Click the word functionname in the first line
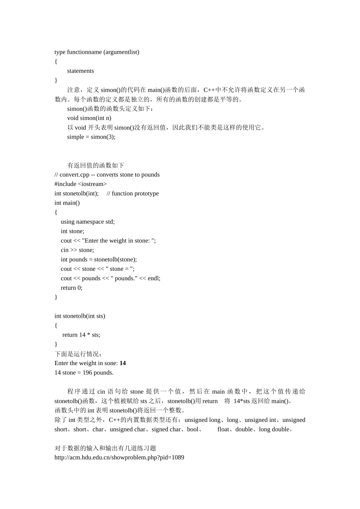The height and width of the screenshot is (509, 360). [x=84, y=52]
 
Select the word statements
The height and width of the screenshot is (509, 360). [x=80, y=71]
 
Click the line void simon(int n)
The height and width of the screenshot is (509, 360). [x=89, y=118]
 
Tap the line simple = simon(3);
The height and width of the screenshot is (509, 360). [x=91, y=137]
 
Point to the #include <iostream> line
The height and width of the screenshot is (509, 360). [x=80, y=184]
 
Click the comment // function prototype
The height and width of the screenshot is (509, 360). [x=133, y=194]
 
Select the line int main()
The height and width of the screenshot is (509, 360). [x=67, y=203]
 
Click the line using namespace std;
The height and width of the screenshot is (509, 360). [x=88, y=222]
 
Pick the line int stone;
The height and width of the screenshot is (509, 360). [x=72, y=231]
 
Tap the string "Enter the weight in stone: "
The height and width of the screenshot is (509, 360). [x=118, y=240]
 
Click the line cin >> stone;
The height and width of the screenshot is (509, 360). [x=77, y=250]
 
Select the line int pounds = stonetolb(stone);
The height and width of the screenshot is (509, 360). [x=99, y=259]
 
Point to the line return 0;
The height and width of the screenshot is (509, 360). [x=71, y=288]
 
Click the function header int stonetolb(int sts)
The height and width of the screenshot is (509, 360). [x=80, y=316]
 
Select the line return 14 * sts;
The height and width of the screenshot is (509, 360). [x=81, y=335]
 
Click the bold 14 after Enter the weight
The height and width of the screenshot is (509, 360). [x=123, y=363]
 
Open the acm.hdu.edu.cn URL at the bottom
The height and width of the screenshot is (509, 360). [x=119, y=457]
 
